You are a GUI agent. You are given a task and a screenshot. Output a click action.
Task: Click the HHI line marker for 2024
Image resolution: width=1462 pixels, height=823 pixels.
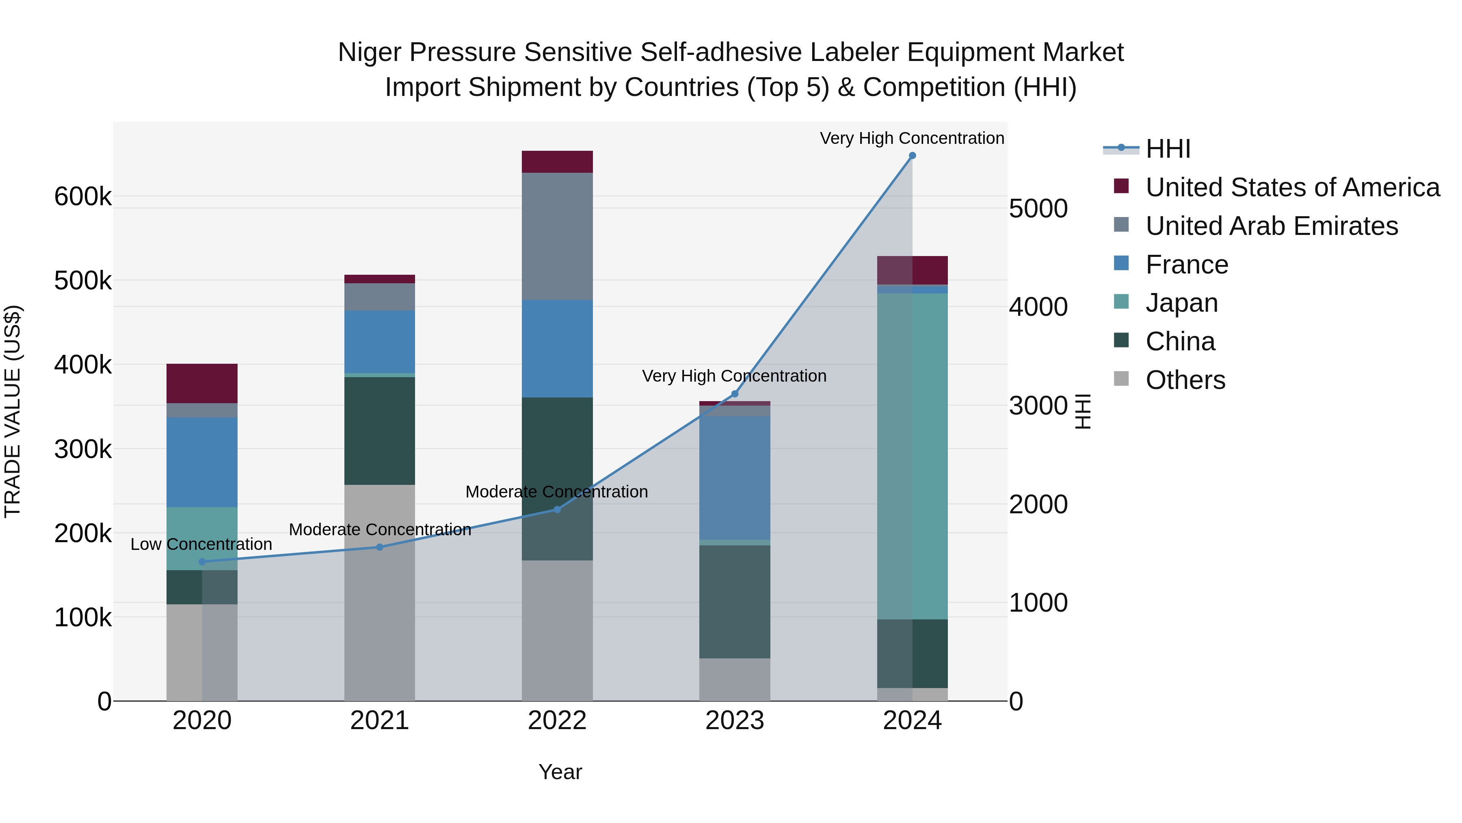(912, 156)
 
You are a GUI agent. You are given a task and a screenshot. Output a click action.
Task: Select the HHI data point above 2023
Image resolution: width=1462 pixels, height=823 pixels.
(734, 393)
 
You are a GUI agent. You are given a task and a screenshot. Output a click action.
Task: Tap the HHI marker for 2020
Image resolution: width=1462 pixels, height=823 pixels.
(202, 562)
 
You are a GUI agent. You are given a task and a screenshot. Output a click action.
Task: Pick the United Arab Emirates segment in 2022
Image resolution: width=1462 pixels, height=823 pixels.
(557, 236)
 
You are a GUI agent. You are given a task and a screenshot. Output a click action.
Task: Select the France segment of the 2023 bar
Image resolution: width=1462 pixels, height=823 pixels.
(734, 477)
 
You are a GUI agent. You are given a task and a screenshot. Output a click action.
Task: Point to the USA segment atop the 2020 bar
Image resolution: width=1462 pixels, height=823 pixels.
(202, 383)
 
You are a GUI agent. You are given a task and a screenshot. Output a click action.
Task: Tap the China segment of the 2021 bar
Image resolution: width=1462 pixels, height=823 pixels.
(379, 430)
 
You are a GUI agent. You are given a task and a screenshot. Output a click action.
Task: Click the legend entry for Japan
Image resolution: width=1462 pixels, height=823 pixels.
(1181, 303)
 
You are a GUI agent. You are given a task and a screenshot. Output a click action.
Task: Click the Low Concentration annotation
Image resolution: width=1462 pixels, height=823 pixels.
(201, 544)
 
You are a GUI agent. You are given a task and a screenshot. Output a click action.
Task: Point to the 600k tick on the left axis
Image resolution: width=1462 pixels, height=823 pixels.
(83, 197)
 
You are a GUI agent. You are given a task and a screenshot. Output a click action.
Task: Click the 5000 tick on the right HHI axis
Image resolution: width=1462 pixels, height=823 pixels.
(1038, 208)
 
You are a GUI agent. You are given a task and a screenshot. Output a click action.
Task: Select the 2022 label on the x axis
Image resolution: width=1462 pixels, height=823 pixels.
(557, 721)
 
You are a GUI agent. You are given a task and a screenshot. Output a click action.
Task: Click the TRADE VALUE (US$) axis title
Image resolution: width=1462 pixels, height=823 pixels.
(13, 411)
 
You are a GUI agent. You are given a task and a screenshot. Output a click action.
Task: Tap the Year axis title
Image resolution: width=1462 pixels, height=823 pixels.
(560, 772)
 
